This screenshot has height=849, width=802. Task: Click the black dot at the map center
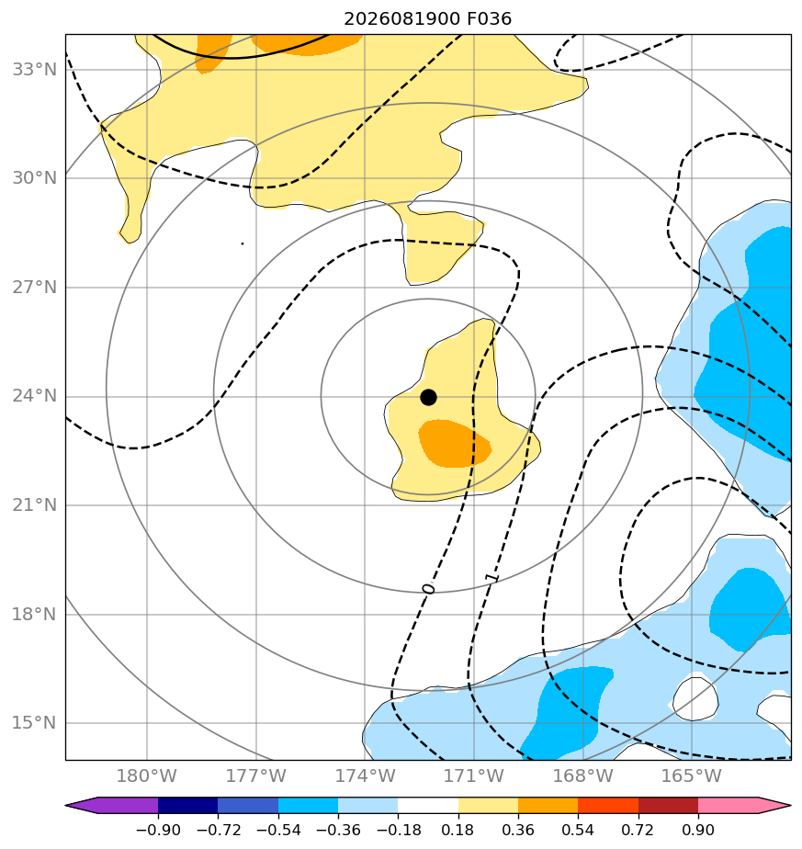428,397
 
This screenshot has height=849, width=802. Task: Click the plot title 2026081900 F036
427,19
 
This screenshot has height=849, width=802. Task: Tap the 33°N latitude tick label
34,69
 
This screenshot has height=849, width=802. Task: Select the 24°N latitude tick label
34,396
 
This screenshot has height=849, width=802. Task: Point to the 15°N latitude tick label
34,722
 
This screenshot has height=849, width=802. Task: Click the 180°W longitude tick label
147,775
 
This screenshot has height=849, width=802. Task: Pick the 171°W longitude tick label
474,775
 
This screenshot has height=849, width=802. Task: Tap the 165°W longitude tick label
692,775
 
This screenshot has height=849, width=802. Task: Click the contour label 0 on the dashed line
428,588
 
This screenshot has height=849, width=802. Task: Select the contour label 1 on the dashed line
491,578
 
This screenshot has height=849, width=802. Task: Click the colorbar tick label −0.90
158,830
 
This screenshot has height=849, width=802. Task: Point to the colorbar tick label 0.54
578,830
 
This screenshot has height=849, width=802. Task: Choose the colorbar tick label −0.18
398,830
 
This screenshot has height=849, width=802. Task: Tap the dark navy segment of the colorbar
188,805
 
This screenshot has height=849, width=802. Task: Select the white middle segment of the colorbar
428,805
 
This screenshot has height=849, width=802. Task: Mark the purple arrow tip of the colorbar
66,805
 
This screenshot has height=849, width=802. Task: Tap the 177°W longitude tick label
255,775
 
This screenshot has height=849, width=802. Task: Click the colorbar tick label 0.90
698,830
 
